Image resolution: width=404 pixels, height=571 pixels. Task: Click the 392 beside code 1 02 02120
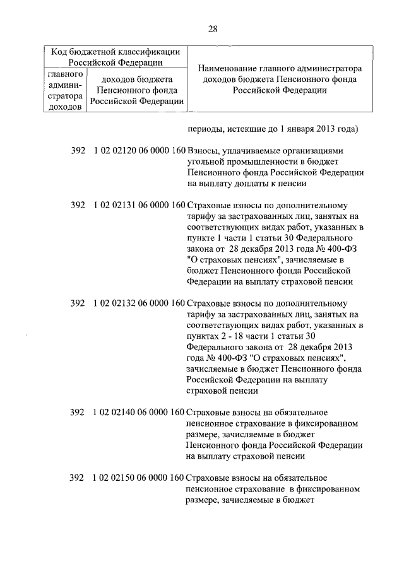(x=78, y=152)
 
